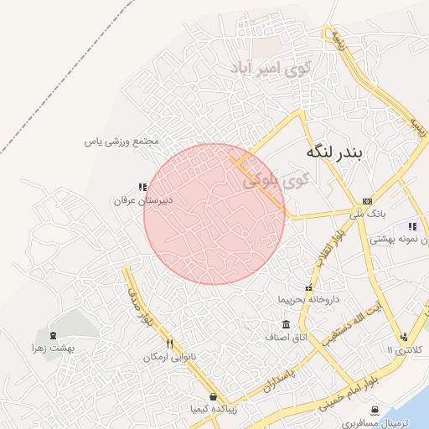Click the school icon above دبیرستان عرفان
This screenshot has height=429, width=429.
point(142,187)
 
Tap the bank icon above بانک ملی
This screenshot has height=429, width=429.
point(367,201)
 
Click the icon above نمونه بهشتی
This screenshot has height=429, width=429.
point(411,225)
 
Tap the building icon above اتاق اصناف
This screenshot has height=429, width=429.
point(287,324)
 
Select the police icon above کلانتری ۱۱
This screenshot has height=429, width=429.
point(404,336)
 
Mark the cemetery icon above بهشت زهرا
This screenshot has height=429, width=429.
point(54,334)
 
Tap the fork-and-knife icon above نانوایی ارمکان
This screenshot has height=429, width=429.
point(169,344)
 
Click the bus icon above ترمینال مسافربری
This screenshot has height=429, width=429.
point(374,410)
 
